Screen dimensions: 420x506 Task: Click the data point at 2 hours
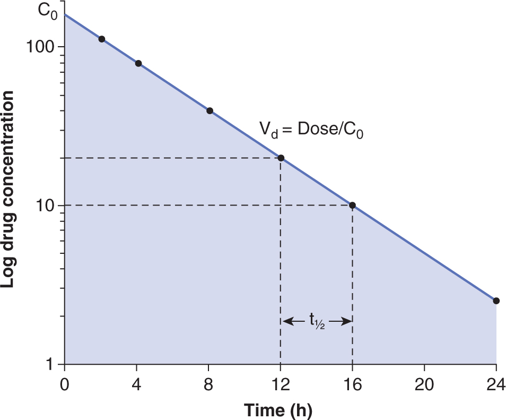click(x=102, y=39)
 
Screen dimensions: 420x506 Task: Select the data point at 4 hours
click(x=138, y=63)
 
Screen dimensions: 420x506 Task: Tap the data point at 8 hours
click(x=210, y=110)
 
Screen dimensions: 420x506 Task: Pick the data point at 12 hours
click(x=281, y=158)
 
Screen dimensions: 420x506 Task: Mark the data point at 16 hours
click(x=352, y=205)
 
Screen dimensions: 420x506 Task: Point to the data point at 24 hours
click(x=496, y=301)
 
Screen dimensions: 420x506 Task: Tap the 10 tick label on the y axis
click(x=46, y=205)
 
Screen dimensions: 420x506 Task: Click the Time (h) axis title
click(x=278, y=409)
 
